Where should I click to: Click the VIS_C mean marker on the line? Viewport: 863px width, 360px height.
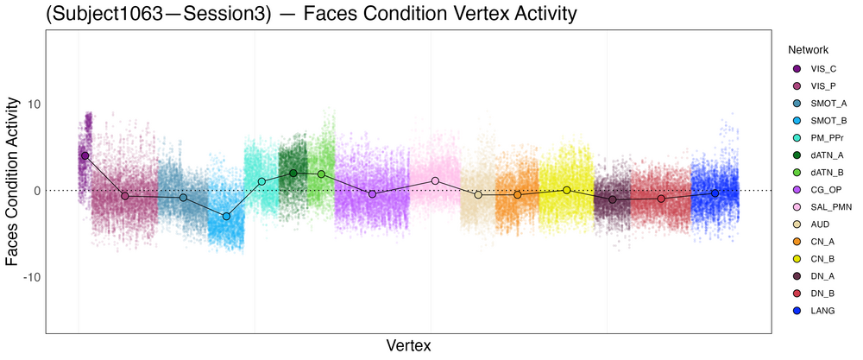pyautogui.click(x=85, y=155)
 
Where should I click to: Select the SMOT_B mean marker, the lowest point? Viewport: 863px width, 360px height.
pyautogui.click(x=226, y=216)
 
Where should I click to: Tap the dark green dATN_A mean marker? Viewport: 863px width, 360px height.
pyautogui.click(x=293, y=173)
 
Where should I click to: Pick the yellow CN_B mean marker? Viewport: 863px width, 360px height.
pyautogui.click(x=567, y=190)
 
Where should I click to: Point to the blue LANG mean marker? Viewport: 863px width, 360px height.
pyautogui.click(x=715, y=193)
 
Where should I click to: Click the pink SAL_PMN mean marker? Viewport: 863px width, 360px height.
pyautogui.click(x=436, y=180)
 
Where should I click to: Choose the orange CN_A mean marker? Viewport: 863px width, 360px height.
pyautogui.click(x=518, y=195)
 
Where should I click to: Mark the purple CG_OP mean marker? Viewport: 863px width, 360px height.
pyautogui.click(x=372, y=194)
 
